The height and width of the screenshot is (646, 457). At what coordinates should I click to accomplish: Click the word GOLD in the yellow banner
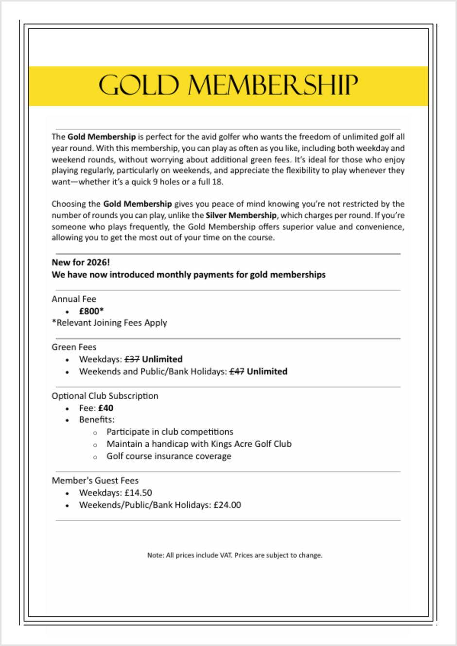[139, 86]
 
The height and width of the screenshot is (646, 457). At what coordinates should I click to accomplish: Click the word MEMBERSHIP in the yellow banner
[273, 86]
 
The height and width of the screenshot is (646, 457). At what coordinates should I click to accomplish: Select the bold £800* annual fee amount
[91, 311]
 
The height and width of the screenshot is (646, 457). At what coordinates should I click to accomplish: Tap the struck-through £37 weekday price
[132, 360]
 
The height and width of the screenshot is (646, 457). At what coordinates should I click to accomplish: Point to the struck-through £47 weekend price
[237, 372]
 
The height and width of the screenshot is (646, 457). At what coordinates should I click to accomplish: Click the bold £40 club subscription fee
[105, 408]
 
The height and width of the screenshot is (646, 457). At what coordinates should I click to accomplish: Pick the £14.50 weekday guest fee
[138, 493]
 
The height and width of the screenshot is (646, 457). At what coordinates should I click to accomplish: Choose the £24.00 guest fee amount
[227, 505]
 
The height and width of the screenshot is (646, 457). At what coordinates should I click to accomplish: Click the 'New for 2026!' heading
[81, 262]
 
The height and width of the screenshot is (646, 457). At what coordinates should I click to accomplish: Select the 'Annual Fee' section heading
[74, 299]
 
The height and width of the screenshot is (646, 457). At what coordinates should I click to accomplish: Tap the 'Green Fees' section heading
[74, 347]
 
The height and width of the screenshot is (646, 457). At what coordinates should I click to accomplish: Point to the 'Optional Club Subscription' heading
[105, 396]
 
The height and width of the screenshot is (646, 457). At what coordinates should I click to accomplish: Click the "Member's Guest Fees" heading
[95, 481]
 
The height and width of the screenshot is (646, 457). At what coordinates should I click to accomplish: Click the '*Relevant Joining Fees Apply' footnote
[109, 323]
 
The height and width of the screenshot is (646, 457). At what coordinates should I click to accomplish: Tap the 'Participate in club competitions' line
[170, 432]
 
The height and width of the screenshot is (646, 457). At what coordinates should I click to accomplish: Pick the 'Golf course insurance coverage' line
[169, 456]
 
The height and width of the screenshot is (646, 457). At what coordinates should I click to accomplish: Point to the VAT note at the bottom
[235, 555]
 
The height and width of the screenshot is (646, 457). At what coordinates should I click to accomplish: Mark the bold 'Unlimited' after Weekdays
[162, 360]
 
